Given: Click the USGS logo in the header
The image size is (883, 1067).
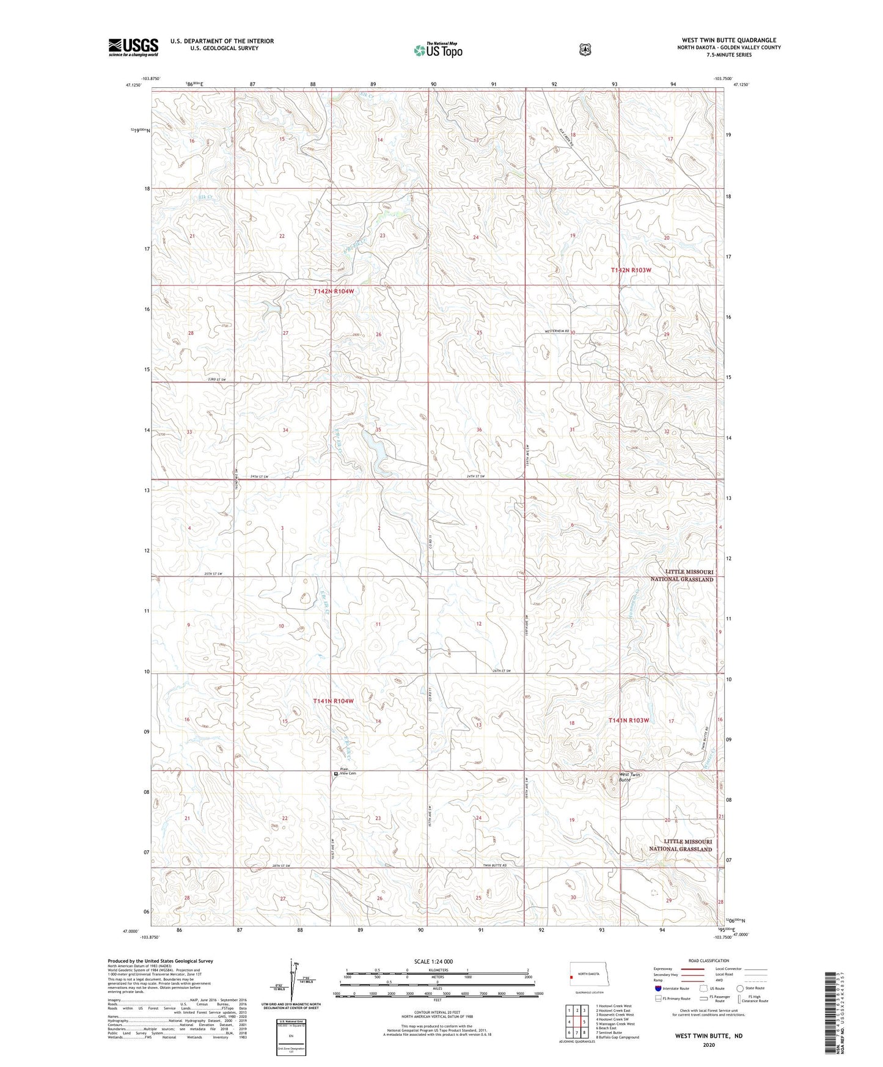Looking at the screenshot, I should (133, 47).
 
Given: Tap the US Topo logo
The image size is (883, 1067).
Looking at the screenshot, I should (438, 50).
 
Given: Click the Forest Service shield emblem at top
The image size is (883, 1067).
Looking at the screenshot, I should (585, 50).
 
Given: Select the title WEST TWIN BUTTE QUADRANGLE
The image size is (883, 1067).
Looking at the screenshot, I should (729, 40).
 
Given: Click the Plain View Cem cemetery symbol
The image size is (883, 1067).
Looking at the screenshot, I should (335, 774).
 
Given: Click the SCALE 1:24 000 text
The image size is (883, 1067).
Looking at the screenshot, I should (433, 961).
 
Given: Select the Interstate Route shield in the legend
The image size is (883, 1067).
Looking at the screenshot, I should (657, 988).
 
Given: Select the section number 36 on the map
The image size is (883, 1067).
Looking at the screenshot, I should (479, 430).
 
